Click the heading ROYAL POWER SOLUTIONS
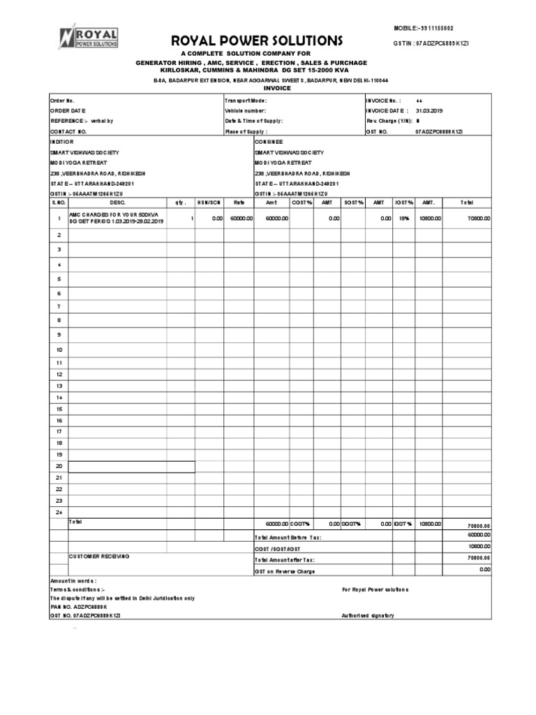247,40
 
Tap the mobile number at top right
424,28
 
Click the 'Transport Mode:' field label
245,101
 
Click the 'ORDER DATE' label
68,110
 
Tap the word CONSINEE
269,141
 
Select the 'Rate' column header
239,202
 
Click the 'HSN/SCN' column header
209,202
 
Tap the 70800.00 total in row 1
479,219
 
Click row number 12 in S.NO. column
59,374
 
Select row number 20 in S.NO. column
59,466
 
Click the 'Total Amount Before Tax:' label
288,537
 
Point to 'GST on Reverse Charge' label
285,571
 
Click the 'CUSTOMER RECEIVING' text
98,556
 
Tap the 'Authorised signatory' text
368,615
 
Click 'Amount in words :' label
73,581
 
